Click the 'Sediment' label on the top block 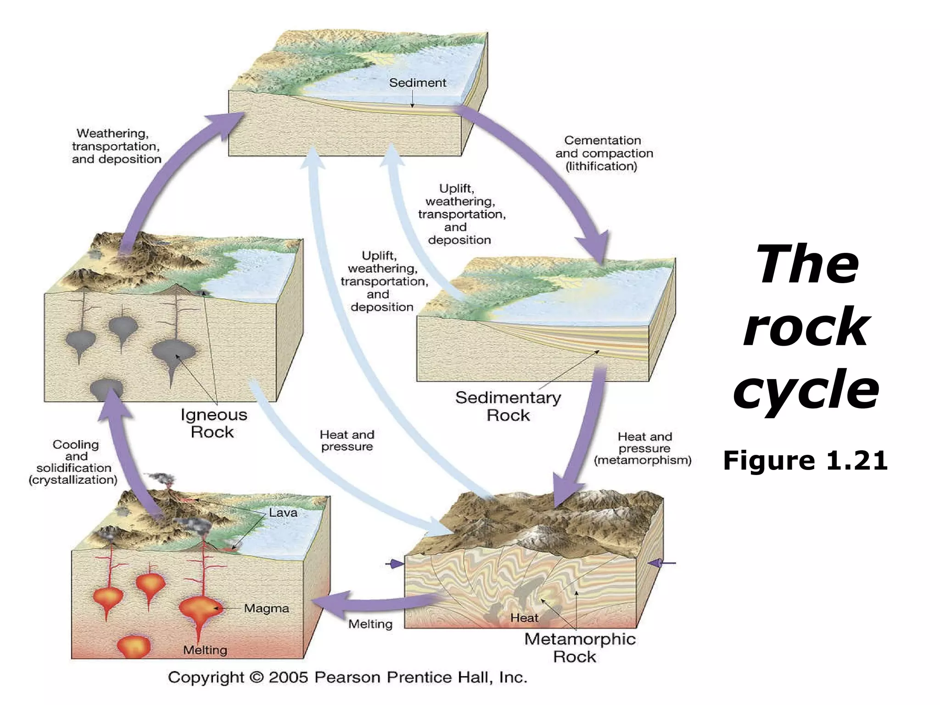click(x=417, y=83)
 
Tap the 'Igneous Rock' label click(x=213, y=423)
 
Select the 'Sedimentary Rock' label click(x=508, y=406)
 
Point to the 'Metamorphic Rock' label click(x=580, y=647)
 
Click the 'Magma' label click(x=266, y=609)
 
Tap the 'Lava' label click(x=283, y=513)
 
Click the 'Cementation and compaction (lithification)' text click(x=604, y=153)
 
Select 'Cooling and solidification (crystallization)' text click(x=73, y=462)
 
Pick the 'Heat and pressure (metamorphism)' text click(x=643, y=448)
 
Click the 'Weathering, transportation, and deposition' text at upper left click(x=117, y=146)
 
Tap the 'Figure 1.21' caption click(x=805, y=461)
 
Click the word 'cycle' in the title click(x=806, y=390)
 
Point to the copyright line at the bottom click(x=347, y=677)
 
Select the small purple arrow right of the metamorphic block click(x=661, y=563)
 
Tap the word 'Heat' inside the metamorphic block click(x=524, y=618)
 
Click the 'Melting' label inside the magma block click(x=205, y=650)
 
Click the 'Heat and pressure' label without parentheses click(x=347, y=441)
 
